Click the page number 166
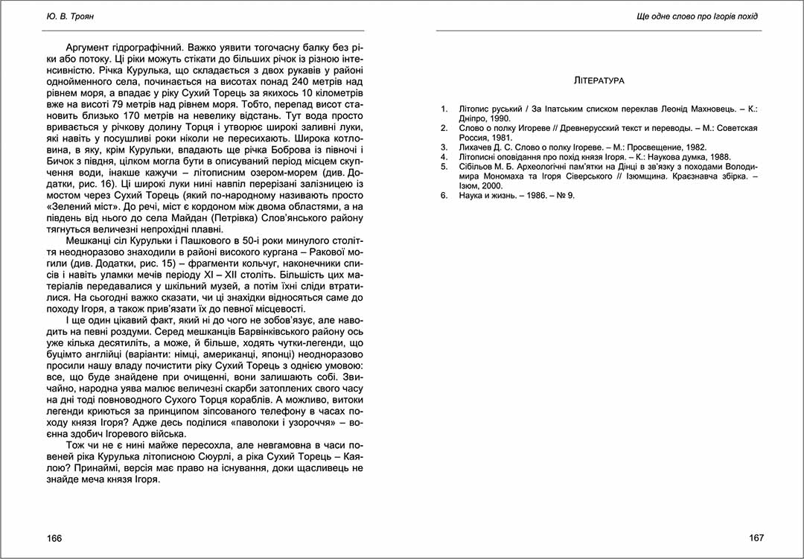(54, 538)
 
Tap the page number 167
(756, 538)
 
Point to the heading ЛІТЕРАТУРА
(600, 80)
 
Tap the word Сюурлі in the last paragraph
(248, 458)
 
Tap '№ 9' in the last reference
(565, 196)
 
